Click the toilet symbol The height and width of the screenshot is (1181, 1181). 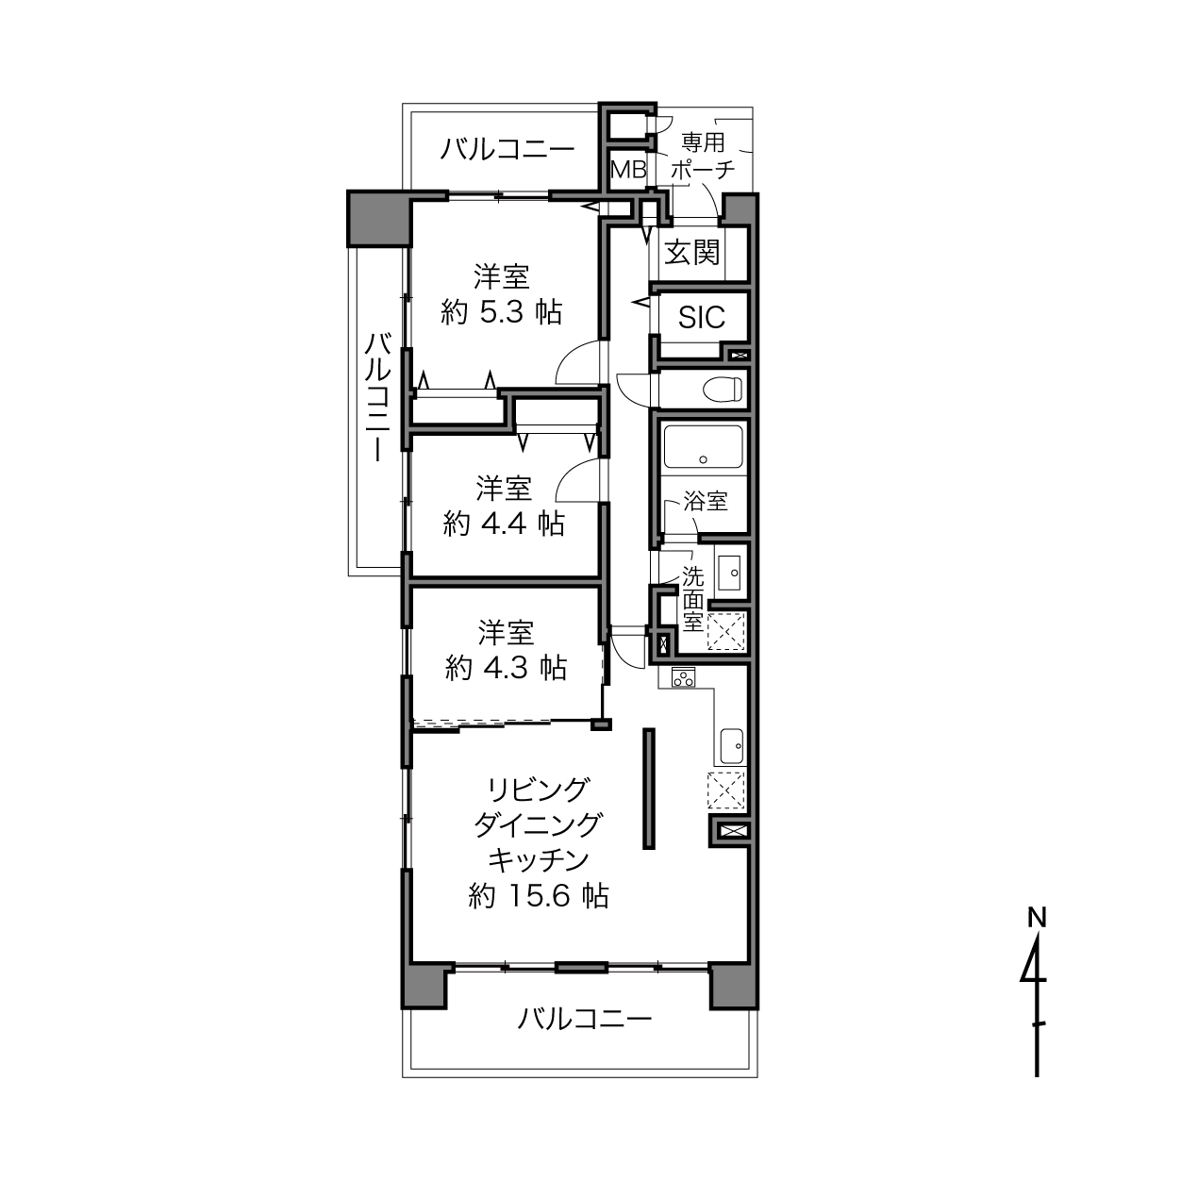tap(724, 390)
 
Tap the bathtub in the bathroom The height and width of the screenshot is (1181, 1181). tap(703, 447)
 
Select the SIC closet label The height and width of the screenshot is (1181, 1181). tap(702, 317)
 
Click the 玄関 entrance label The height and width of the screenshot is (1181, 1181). tap(692, 252)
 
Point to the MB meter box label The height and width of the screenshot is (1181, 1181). tap(628, 169)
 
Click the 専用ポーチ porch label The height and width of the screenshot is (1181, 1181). tap(703, 156)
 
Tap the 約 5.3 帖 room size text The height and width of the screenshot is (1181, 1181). tap(501, 313)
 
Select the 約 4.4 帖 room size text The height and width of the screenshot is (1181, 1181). tap(504, 524)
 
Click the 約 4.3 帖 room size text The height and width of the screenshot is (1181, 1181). tap(507, 668)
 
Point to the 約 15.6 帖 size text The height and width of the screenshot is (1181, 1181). tap(539, 896)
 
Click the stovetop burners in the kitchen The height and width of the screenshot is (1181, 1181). tap(683, 677)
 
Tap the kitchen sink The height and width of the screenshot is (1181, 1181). tap(731, 746)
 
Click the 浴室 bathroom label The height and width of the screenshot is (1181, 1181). tap(706, 501)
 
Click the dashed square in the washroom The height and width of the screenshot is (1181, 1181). tap(726, 631)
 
